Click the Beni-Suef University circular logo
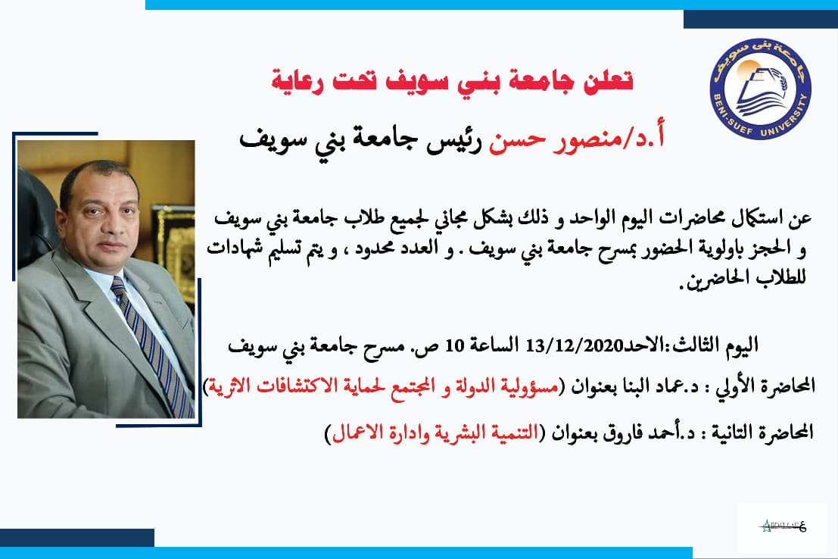click(x=761, y=89)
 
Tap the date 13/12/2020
click(x=572, y=345)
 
